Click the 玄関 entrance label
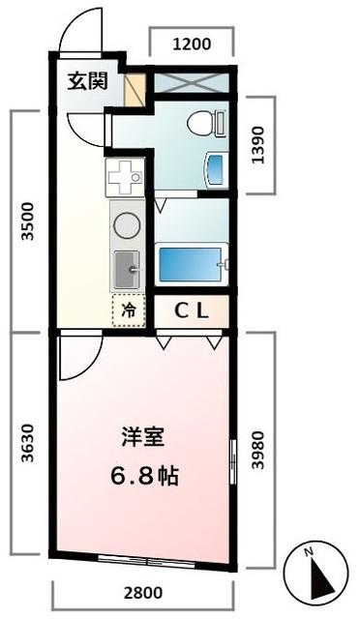pos(88,81)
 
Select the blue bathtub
pos(191,262)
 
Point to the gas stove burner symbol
pos(124,177)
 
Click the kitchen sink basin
pos(126,268)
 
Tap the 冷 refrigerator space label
pos(128,310)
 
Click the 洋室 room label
pos(141,438)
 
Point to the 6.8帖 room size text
pos(145,476)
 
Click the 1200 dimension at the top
pos(192,43)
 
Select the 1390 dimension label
pos(255,144)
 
